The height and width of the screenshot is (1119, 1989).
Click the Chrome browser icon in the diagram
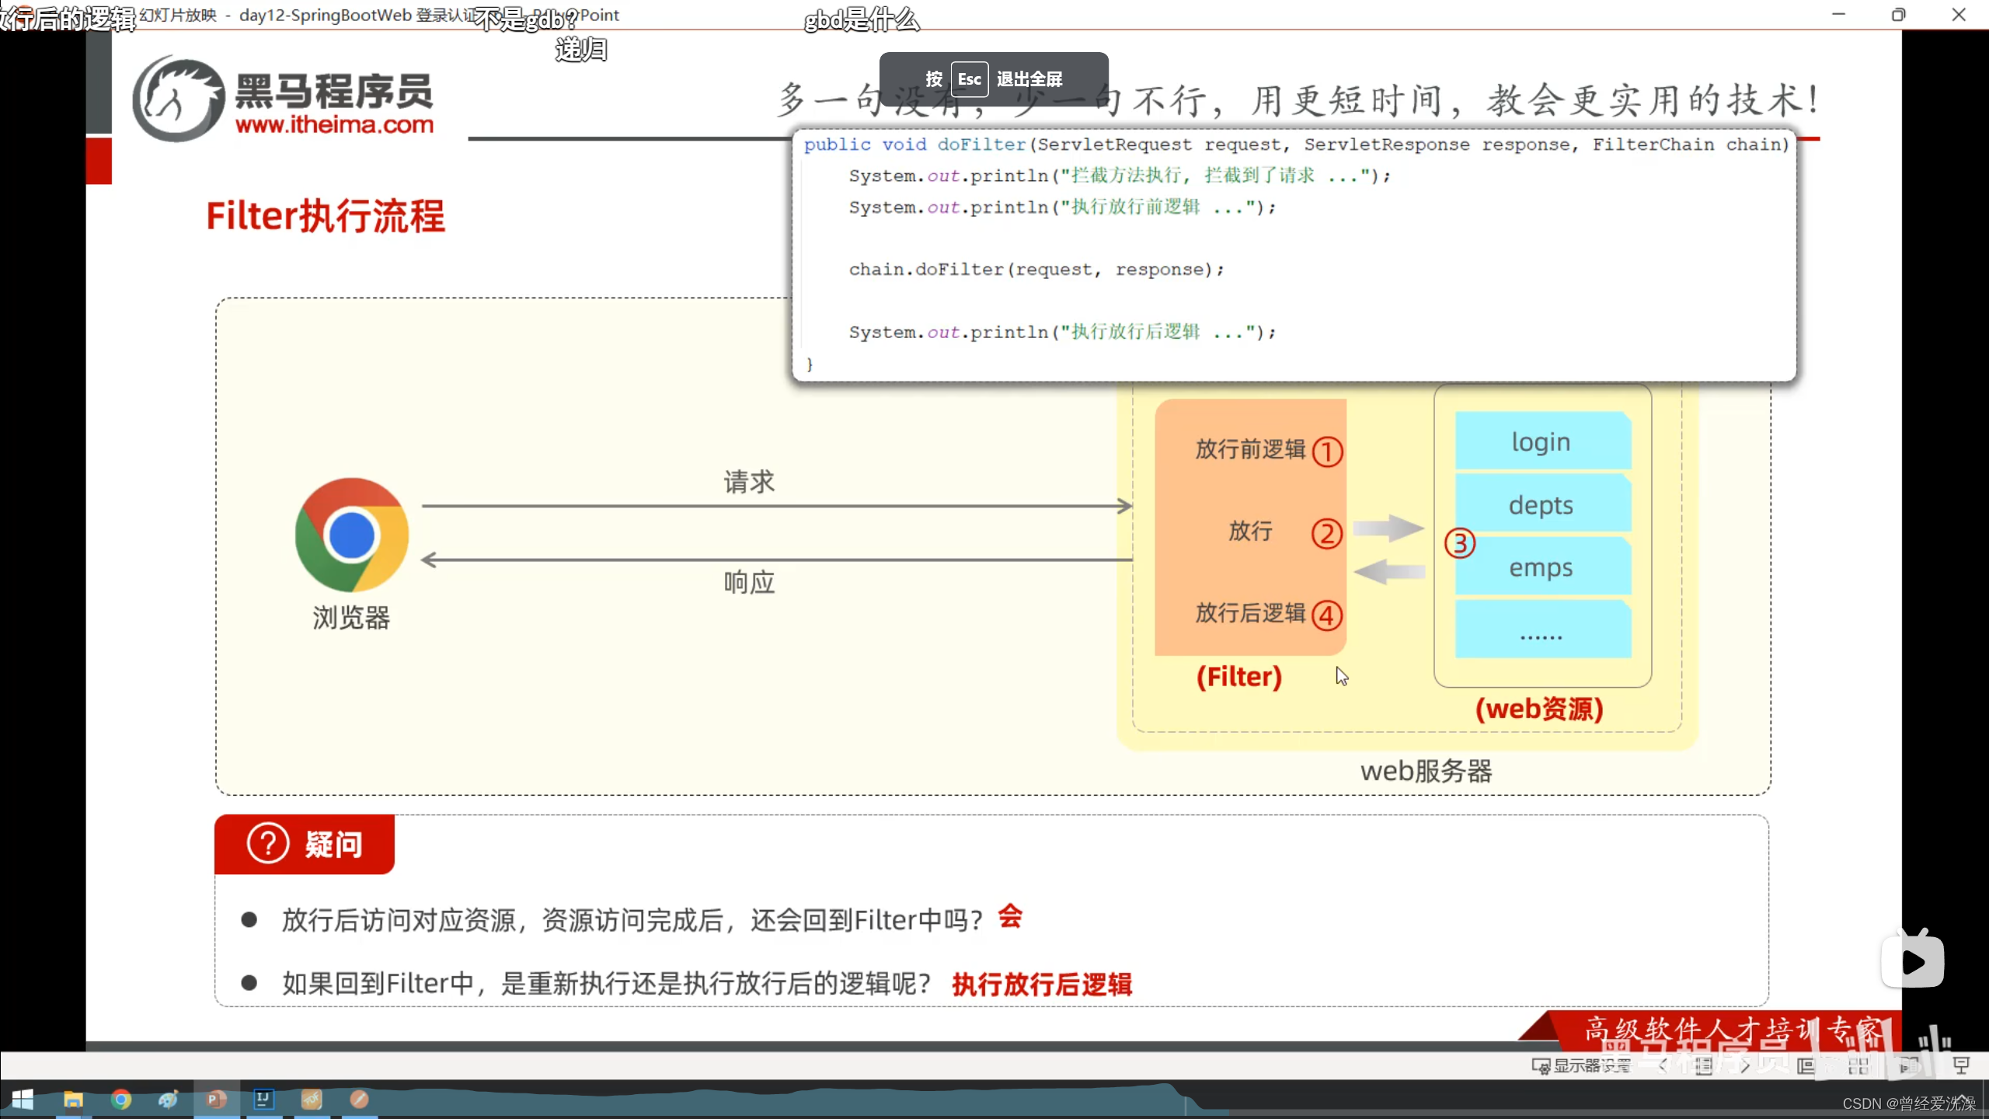click(352, 535)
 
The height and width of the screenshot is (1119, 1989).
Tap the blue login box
click(1541, 441)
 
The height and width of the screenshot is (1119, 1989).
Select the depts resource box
click(1541, 505)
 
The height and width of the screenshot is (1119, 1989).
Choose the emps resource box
click(1541, 568)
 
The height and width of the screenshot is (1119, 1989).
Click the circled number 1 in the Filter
click(1327, 451)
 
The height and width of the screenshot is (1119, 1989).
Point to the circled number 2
click(1327, 533)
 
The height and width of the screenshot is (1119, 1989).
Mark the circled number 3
click(1460, 543)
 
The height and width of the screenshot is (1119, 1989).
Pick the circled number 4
click(1327, 615)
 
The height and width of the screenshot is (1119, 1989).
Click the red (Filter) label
click(1239, 677)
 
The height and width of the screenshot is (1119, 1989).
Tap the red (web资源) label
click(1539, 709)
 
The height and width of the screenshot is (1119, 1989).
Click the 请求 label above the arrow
click(749, 482)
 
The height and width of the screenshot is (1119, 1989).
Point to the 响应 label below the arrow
click(749, 582)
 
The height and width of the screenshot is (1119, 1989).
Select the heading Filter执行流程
click(326, 216)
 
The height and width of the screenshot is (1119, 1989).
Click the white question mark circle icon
click(268, 844)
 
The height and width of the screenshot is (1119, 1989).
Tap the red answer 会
click(1010, 917)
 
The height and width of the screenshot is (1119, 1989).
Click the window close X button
click(1959, 15)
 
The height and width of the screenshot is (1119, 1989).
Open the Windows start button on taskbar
click(23, 1100)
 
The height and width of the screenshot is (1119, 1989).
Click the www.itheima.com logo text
click(334, 124)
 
